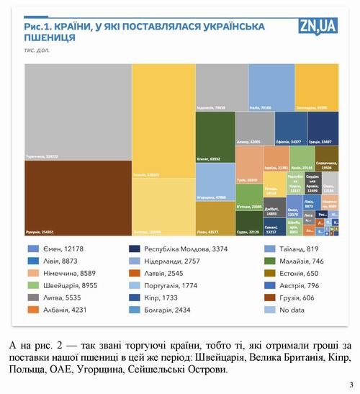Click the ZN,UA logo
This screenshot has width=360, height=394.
318,27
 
